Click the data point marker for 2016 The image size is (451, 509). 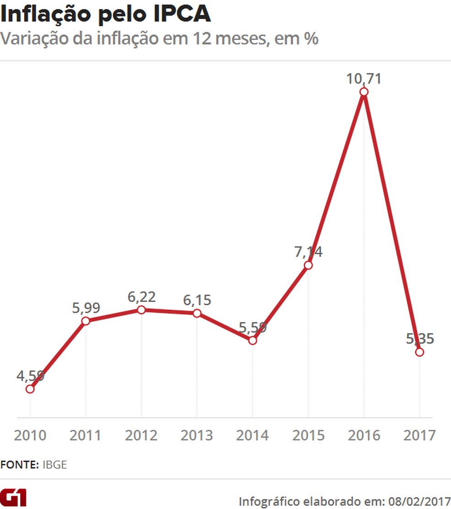363,92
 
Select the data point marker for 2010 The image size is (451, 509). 30,389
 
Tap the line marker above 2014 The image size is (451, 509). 252,340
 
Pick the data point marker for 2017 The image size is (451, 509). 419,352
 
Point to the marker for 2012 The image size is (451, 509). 141,310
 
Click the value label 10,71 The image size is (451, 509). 363,78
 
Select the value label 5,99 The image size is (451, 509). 86,307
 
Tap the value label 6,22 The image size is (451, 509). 141,296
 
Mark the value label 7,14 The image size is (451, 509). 308,252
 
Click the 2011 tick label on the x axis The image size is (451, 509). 86,435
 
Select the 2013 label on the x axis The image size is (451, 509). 197,435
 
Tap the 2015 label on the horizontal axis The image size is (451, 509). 308,435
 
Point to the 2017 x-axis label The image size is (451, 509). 419,435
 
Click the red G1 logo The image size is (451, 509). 13,497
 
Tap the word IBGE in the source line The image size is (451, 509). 55,465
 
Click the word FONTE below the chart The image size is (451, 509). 19,465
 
